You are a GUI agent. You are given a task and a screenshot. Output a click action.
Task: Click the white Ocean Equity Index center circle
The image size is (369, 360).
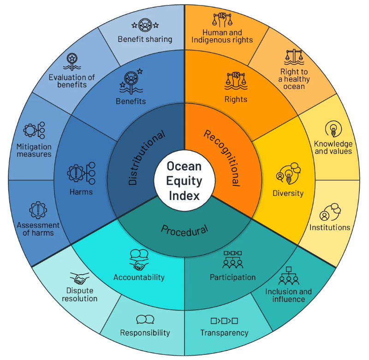pos(184,181)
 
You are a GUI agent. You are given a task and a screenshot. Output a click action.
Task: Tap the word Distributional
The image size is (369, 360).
pos(146,158)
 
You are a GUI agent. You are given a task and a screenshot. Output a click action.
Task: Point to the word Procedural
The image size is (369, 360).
pos(184,230)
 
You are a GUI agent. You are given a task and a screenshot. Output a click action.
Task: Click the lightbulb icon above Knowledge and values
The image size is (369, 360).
pos(333,129)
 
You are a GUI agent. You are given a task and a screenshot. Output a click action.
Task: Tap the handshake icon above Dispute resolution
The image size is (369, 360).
pos(79,278)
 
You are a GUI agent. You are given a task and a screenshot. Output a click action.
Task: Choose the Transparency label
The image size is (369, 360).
pos(224,333)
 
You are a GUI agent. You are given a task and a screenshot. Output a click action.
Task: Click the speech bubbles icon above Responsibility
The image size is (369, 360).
pos(145,319)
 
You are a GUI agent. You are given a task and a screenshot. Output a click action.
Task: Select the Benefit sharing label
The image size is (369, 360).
pos(145,39)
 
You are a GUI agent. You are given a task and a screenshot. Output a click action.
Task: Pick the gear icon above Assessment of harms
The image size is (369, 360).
pos(38,210)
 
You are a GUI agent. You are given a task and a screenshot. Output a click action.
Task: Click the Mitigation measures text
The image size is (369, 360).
pos(34,150)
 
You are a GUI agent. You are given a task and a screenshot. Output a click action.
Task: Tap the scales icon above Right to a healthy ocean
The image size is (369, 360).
pos(294,57)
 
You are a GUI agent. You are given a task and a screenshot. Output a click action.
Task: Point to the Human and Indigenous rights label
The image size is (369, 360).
pos(222,36)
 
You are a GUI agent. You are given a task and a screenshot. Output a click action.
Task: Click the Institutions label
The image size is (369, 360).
pos(330,227)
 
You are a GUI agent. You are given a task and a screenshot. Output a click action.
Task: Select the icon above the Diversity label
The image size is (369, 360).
pos(288,173)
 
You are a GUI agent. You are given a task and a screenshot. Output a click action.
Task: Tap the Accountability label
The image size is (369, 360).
pos(139,277)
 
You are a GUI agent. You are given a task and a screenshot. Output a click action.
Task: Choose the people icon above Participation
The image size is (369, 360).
pos(233,260)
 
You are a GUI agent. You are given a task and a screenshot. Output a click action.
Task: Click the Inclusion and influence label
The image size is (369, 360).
pos(289,295)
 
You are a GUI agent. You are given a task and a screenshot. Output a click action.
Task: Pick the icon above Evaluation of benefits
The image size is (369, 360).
pos(72,62)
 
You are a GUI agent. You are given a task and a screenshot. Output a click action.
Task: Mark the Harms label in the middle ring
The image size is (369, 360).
pos(81,192)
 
